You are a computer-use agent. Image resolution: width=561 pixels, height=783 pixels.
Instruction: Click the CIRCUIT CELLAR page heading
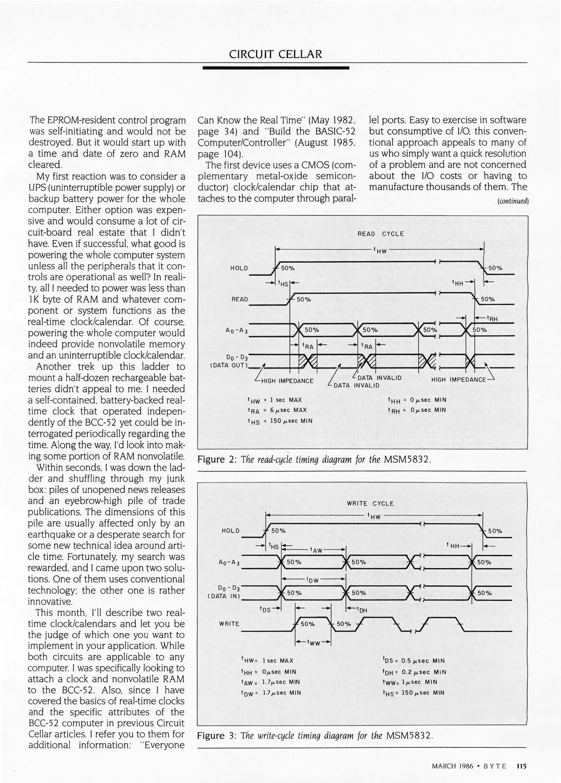[275, 54]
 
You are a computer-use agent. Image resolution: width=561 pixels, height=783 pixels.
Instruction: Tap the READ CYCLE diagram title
[381, 234]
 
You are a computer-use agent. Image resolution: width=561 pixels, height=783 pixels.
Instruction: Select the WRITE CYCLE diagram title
[370, 504]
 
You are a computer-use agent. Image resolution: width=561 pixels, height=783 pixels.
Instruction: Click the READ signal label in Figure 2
[240, 299]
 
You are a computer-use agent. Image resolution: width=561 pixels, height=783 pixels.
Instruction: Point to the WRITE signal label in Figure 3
[229, 624]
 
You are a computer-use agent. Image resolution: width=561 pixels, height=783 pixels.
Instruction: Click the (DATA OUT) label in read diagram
[229, 365]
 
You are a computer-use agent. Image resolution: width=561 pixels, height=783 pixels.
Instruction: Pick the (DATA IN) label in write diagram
[224, 596]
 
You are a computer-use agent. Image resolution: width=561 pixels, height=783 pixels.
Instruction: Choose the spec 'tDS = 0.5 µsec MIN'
[413, 661]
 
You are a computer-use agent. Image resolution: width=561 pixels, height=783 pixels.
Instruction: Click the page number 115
[521, 766]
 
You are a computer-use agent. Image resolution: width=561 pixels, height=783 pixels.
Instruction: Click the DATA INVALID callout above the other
[379, 378]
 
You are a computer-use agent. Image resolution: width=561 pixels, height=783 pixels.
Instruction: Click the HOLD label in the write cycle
[231, 531]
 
